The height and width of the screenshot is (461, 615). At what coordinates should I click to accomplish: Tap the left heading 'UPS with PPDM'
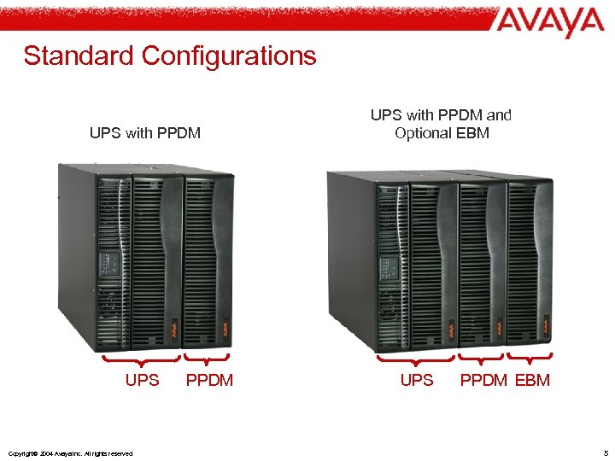tap(144, 132)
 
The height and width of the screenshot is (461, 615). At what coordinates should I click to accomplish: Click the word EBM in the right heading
tap(472, 132)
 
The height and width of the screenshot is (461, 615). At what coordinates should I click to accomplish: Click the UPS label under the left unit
tap(142, 380)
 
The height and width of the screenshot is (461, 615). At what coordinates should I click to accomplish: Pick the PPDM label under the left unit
tap(209, 380)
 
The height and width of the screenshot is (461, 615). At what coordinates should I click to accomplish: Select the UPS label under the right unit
tap(417, 380)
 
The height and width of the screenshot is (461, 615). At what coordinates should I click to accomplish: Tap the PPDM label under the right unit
tap(483, 380)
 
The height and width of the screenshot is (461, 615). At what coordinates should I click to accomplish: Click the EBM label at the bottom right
tap(532, 380)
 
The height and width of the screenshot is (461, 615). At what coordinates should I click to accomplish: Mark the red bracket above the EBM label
tap(530, 357)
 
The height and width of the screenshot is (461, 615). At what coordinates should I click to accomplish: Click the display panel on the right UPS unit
tap(389, 268)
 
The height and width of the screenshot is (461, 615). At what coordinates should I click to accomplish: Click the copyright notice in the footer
tap(68, 453)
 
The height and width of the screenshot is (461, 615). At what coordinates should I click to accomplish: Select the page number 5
tap(606, 452)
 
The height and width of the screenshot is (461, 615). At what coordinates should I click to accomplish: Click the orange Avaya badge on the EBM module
tap(544, 324)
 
